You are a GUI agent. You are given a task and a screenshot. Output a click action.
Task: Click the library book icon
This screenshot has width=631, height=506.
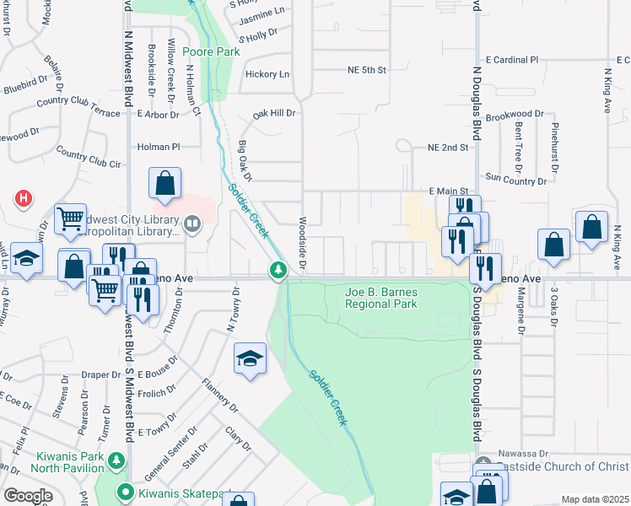click(x=193, y=224)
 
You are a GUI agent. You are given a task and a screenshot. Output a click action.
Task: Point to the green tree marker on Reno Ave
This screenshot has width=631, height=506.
click(x=278, y=270)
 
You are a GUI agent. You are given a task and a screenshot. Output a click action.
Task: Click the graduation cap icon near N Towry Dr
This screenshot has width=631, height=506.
click(x=250, y=360)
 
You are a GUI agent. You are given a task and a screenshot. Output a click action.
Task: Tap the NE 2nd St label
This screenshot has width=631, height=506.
click(x=447, y=148)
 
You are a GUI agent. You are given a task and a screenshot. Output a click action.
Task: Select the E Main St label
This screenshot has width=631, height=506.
click(x=448, y=192)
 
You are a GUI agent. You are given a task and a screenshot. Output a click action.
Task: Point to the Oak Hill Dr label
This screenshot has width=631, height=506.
click(x=275, y=112)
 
